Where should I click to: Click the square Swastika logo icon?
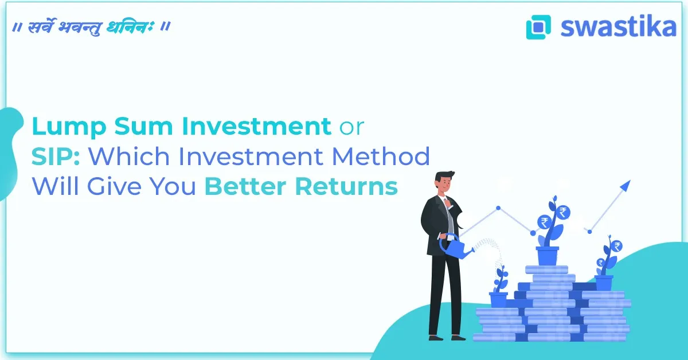538,27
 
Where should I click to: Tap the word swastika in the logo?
618,26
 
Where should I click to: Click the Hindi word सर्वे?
44,28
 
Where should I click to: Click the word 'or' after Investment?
350,127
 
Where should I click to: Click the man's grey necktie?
451,221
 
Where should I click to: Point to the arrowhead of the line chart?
625,185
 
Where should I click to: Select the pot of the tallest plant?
548,256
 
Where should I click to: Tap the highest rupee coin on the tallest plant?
564,213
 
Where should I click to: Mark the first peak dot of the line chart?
498,208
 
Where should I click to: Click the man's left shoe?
435,337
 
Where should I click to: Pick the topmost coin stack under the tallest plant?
546,269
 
